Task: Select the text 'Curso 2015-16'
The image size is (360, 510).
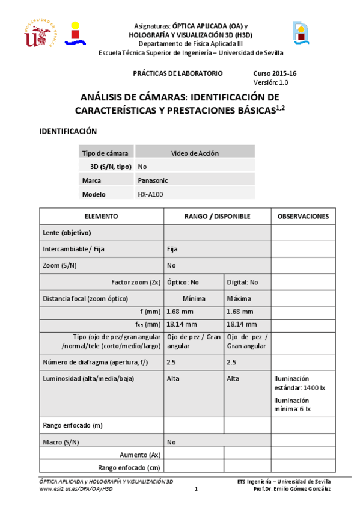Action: coord(275,73)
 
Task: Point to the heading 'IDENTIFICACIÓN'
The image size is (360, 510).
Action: coord(68,131)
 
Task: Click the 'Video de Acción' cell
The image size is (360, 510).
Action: coord(195,153)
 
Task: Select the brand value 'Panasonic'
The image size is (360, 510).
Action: coord(153,180)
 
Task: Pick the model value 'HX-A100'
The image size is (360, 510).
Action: coord(150,194)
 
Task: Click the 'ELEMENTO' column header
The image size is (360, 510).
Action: coord(101,216)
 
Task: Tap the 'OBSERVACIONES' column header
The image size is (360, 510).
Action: coord(303,216)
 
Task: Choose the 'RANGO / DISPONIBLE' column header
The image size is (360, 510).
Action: coord(216,216)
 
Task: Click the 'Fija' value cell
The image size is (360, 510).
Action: coord(172,248)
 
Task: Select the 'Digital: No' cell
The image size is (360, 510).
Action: coord(242,281)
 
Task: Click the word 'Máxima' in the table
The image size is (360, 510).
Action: coord(239,298)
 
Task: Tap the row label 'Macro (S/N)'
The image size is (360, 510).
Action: coord(61,442)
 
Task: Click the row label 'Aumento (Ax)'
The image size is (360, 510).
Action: coord(141,455)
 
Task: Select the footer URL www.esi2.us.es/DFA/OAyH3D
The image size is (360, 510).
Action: coord(76,489)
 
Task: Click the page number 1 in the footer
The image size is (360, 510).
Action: coord(196,489)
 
